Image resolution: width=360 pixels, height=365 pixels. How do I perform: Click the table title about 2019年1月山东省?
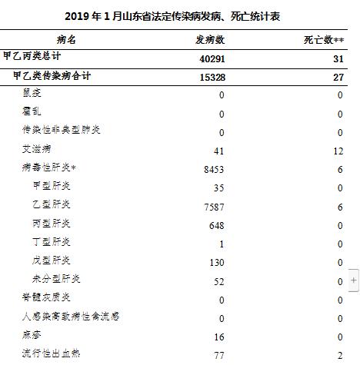179,16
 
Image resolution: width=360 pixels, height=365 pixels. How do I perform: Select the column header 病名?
67,39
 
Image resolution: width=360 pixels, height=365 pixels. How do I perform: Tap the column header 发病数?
208,39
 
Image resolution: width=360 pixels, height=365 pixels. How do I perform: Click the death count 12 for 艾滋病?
338,151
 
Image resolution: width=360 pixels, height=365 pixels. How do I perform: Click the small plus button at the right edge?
354,281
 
